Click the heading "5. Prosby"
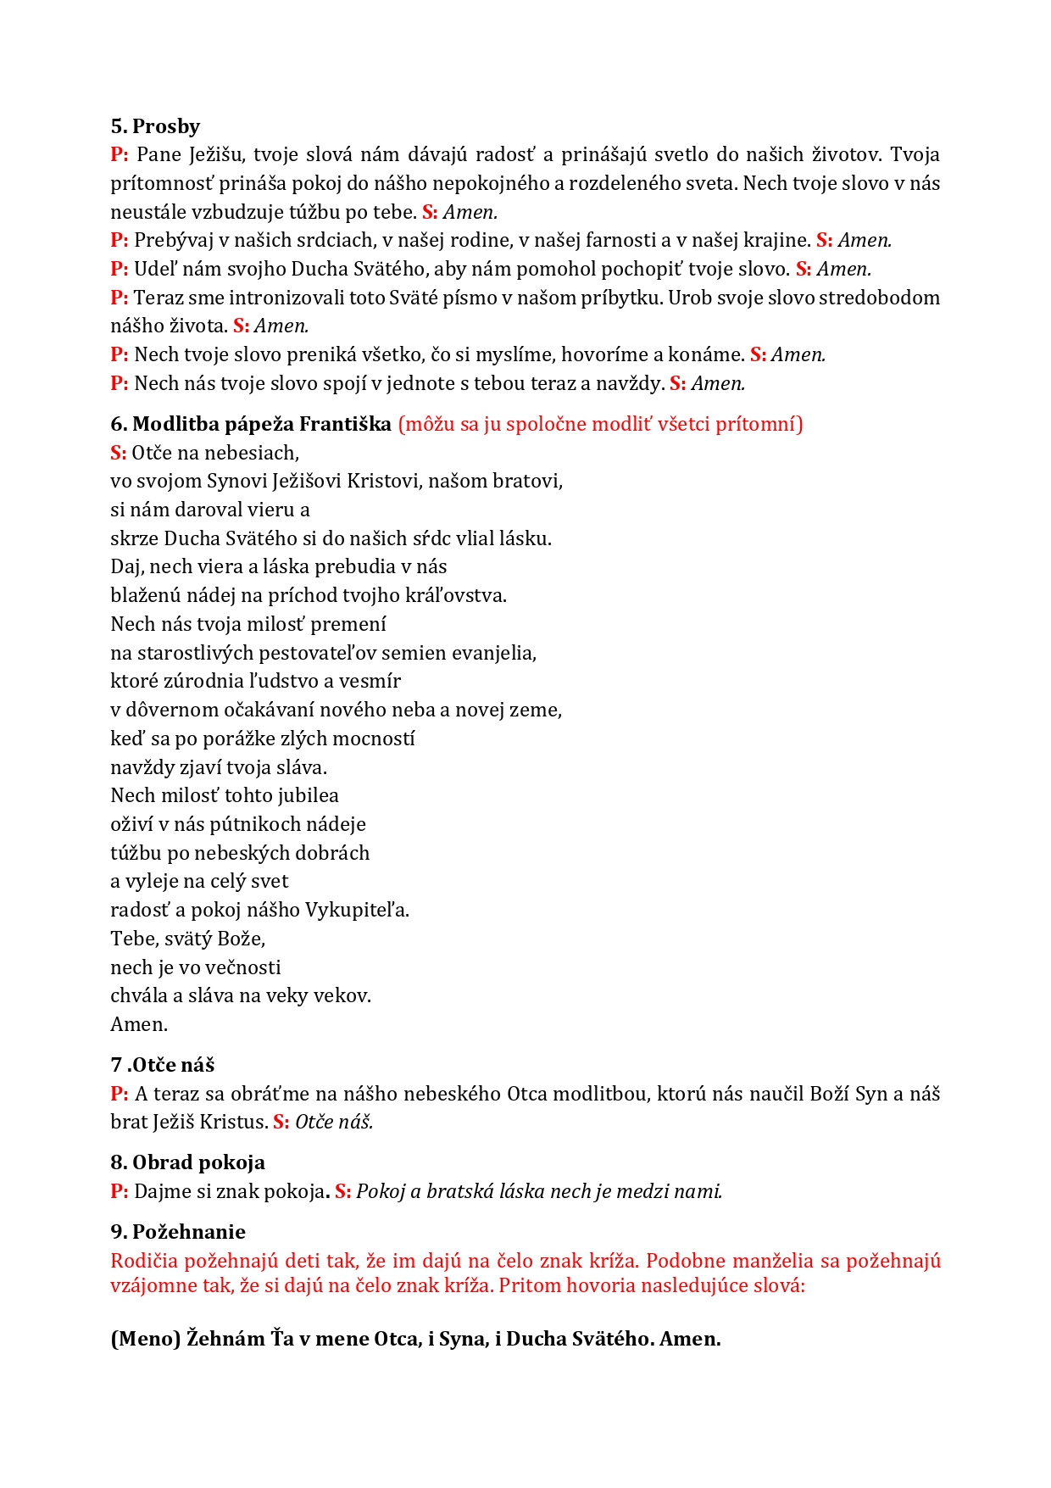[155, 126]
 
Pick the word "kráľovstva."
[462, 595]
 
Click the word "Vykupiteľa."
[357, 910]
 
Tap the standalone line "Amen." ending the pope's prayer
[139, 1024]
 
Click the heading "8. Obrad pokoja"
[187, 1162]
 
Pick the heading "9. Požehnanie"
[178, 1232]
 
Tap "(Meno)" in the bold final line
[145, 1339]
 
